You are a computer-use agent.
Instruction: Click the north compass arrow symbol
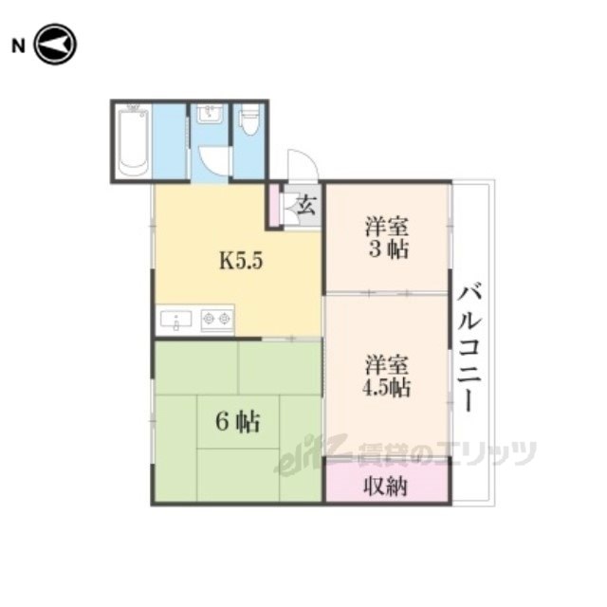coord(55,45)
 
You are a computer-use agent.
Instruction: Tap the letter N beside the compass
coord(18,46)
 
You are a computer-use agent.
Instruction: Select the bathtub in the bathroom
coord(134,143)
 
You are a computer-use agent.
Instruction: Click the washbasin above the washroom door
coord(210,114)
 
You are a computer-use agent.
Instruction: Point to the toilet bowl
coord(249,120)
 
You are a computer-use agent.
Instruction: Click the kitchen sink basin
coord(176,321)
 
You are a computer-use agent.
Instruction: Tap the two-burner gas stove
coord(216,320)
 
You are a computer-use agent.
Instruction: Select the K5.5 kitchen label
coord(241,261)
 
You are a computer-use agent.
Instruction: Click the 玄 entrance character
coord(306,205)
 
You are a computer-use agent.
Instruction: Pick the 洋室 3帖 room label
coord(387,238)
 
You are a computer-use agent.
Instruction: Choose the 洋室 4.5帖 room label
coord(387,376)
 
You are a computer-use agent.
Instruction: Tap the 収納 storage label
coord(386,486)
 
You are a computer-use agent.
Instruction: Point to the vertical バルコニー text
coord(469,347)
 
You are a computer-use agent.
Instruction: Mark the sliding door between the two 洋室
coord(387,293)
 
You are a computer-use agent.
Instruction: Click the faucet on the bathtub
coord(134,106)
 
